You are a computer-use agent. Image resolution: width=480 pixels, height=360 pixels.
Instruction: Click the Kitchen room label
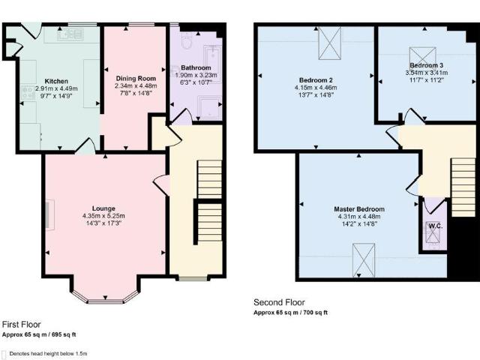coord(56,81)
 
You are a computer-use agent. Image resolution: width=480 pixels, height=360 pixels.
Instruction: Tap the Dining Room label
coord(136,78)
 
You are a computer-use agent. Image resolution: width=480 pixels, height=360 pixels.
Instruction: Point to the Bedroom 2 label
coord(316,80)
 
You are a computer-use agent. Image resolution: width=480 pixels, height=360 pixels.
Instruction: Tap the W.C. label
coord(436,225)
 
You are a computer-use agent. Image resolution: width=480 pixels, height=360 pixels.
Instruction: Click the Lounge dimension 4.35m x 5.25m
coord(103,216)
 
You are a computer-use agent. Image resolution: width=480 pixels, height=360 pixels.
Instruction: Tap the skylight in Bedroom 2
coord(329,44)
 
